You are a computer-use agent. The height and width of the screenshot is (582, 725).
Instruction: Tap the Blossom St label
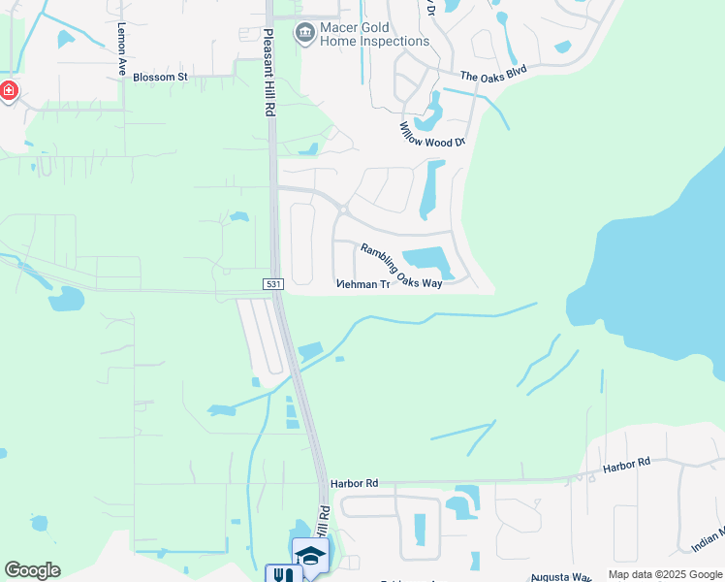(160, 76)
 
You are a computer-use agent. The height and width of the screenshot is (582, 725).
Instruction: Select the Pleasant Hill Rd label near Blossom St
(268, 74)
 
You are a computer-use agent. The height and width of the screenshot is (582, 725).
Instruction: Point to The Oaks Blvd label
(493, 74)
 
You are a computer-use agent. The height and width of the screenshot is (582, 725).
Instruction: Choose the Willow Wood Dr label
(433, 134)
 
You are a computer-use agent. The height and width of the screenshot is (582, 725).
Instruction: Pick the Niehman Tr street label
(362, 285)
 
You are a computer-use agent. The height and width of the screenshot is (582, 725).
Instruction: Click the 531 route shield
(272, 283)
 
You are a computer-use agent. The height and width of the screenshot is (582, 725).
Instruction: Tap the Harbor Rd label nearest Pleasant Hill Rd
(353, 482)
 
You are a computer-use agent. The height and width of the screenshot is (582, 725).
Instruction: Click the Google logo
(32, 570)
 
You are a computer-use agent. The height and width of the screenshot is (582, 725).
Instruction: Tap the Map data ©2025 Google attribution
(665, 574)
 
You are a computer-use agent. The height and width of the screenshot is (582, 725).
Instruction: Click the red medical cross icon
(9, 91)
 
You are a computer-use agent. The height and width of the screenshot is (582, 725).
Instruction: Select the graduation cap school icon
(311, 555)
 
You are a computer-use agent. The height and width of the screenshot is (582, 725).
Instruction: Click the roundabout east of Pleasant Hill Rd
(344, 209)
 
